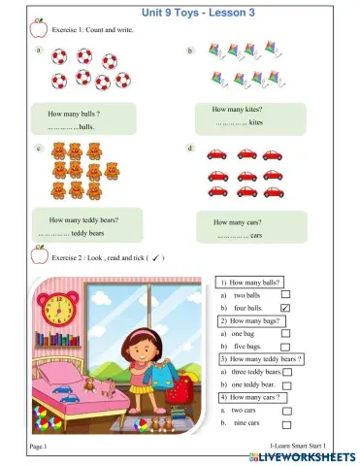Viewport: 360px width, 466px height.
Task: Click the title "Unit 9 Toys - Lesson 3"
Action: [x=180, y=9]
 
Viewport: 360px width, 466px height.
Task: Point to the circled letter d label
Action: [x=190, y=149]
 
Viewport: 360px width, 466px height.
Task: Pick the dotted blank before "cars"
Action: [x=233, y=236]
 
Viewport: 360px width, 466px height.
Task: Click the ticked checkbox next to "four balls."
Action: [x=285, y=307]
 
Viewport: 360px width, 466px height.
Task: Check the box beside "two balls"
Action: [x=285, y=294]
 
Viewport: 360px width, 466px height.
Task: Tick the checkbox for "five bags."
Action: [x=285, y=346]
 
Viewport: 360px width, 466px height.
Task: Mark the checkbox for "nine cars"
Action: [x=285, y=423]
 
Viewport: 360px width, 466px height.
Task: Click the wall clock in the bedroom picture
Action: [x=59, y=309]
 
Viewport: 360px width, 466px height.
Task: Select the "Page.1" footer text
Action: [x=38, y=445]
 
